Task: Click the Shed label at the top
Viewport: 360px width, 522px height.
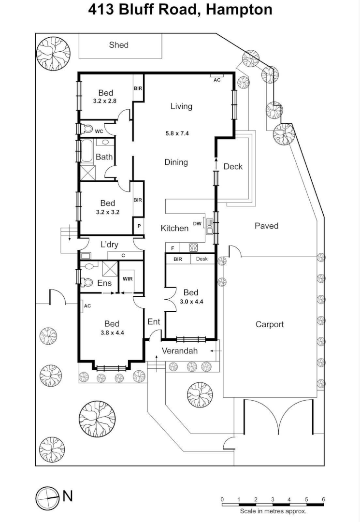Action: [118, 45]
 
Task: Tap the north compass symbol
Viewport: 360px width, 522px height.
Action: [47, 496]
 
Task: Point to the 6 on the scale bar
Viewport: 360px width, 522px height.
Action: [323, 499]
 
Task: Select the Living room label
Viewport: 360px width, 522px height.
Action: [181, 106]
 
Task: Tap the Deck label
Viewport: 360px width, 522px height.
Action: [233, 167]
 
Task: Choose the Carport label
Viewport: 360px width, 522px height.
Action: [270, 324]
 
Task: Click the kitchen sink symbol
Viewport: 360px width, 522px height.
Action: [210, 226]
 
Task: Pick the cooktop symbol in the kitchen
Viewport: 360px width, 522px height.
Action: [193, 248]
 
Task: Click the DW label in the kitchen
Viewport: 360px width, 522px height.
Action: [197, 223]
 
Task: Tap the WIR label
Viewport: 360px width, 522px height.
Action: [128, 279]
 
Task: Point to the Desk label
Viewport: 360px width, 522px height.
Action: [202, 259]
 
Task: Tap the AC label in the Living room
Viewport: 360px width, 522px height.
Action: [217, 80]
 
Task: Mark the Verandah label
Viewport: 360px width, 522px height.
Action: [179, 351]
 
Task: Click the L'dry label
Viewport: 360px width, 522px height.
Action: [109, 245]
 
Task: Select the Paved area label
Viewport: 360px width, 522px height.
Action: [267, 226]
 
